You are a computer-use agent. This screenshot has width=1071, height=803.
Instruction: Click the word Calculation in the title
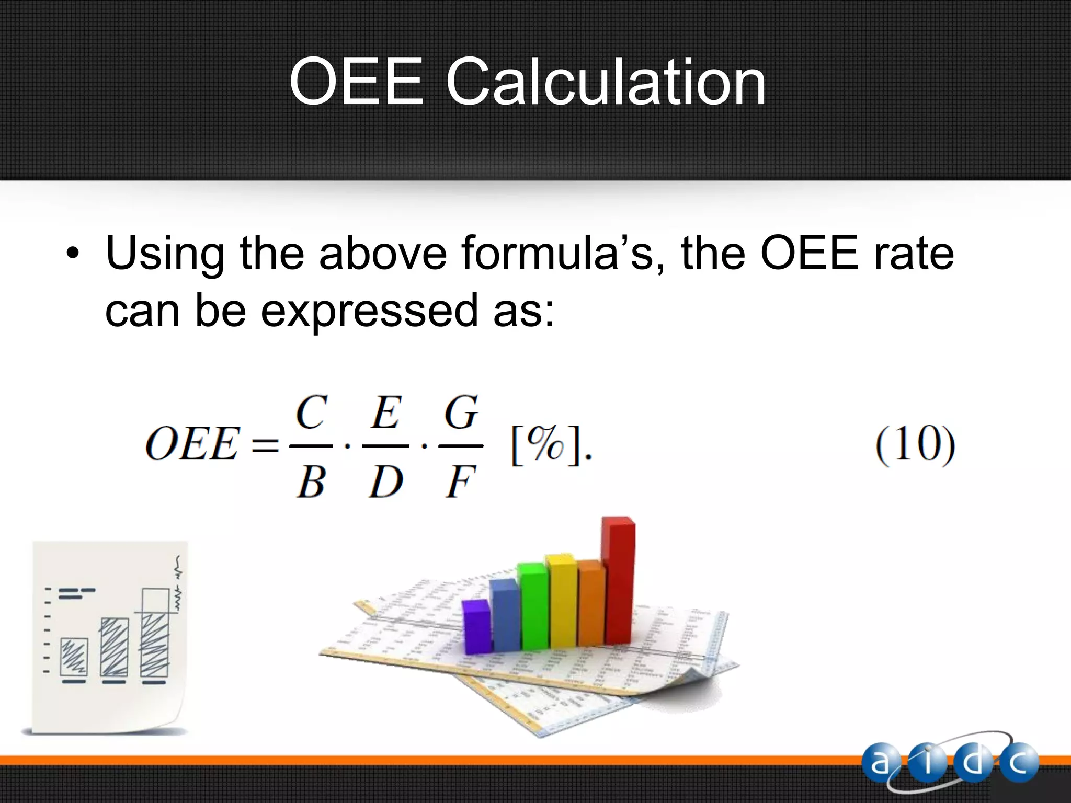pyautogui.click(x=605, y=82)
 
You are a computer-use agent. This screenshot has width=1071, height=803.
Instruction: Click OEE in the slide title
pyautogui.click(x=356, y=82)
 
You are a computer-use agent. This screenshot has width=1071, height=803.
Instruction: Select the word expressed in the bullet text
pyautogui.click(x=369, y=310)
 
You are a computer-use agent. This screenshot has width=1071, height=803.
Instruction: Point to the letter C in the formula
pyautogui.click(x=312, y=412)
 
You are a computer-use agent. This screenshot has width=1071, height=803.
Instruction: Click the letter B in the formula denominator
pyautogui.click(x=311, y=481)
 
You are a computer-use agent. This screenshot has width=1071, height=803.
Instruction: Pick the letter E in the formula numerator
pyautogui.click(x=386, y=412)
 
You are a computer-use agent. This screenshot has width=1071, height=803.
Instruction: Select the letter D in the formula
pyautogui.click(x=385, y=481)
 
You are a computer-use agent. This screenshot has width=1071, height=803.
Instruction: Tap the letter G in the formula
pyautogui.click(x=461, y=412)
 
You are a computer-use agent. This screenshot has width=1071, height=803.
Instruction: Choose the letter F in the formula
pyautogui.click(x=460, y=481)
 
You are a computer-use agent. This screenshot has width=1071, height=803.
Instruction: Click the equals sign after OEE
pyautogui.click(x=265, y=446)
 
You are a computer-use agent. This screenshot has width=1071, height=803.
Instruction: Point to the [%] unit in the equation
pyautogui.click(x=545, y=446)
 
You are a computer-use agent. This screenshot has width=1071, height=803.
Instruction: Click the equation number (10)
pyautogui.click(x=915, y=445)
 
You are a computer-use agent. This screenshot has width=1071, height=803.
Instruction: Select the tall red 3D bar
pyautogui.click(x=618, y=580)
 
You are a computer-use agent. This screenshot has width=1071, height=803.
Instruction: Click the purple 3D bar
pyautogui.click(x=476, y=627)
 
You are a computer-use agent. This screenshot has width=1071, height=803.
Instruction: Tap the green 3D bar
pyautogui.click(x=533, y=606)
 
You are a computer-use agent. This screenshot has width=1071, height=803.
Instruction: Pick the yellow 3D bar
pyautogui.click(x=562, y=601)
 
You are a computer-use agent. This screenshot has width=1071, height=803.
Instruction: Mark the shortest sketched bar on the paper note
pyautogui.click(x=74, y=657)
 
